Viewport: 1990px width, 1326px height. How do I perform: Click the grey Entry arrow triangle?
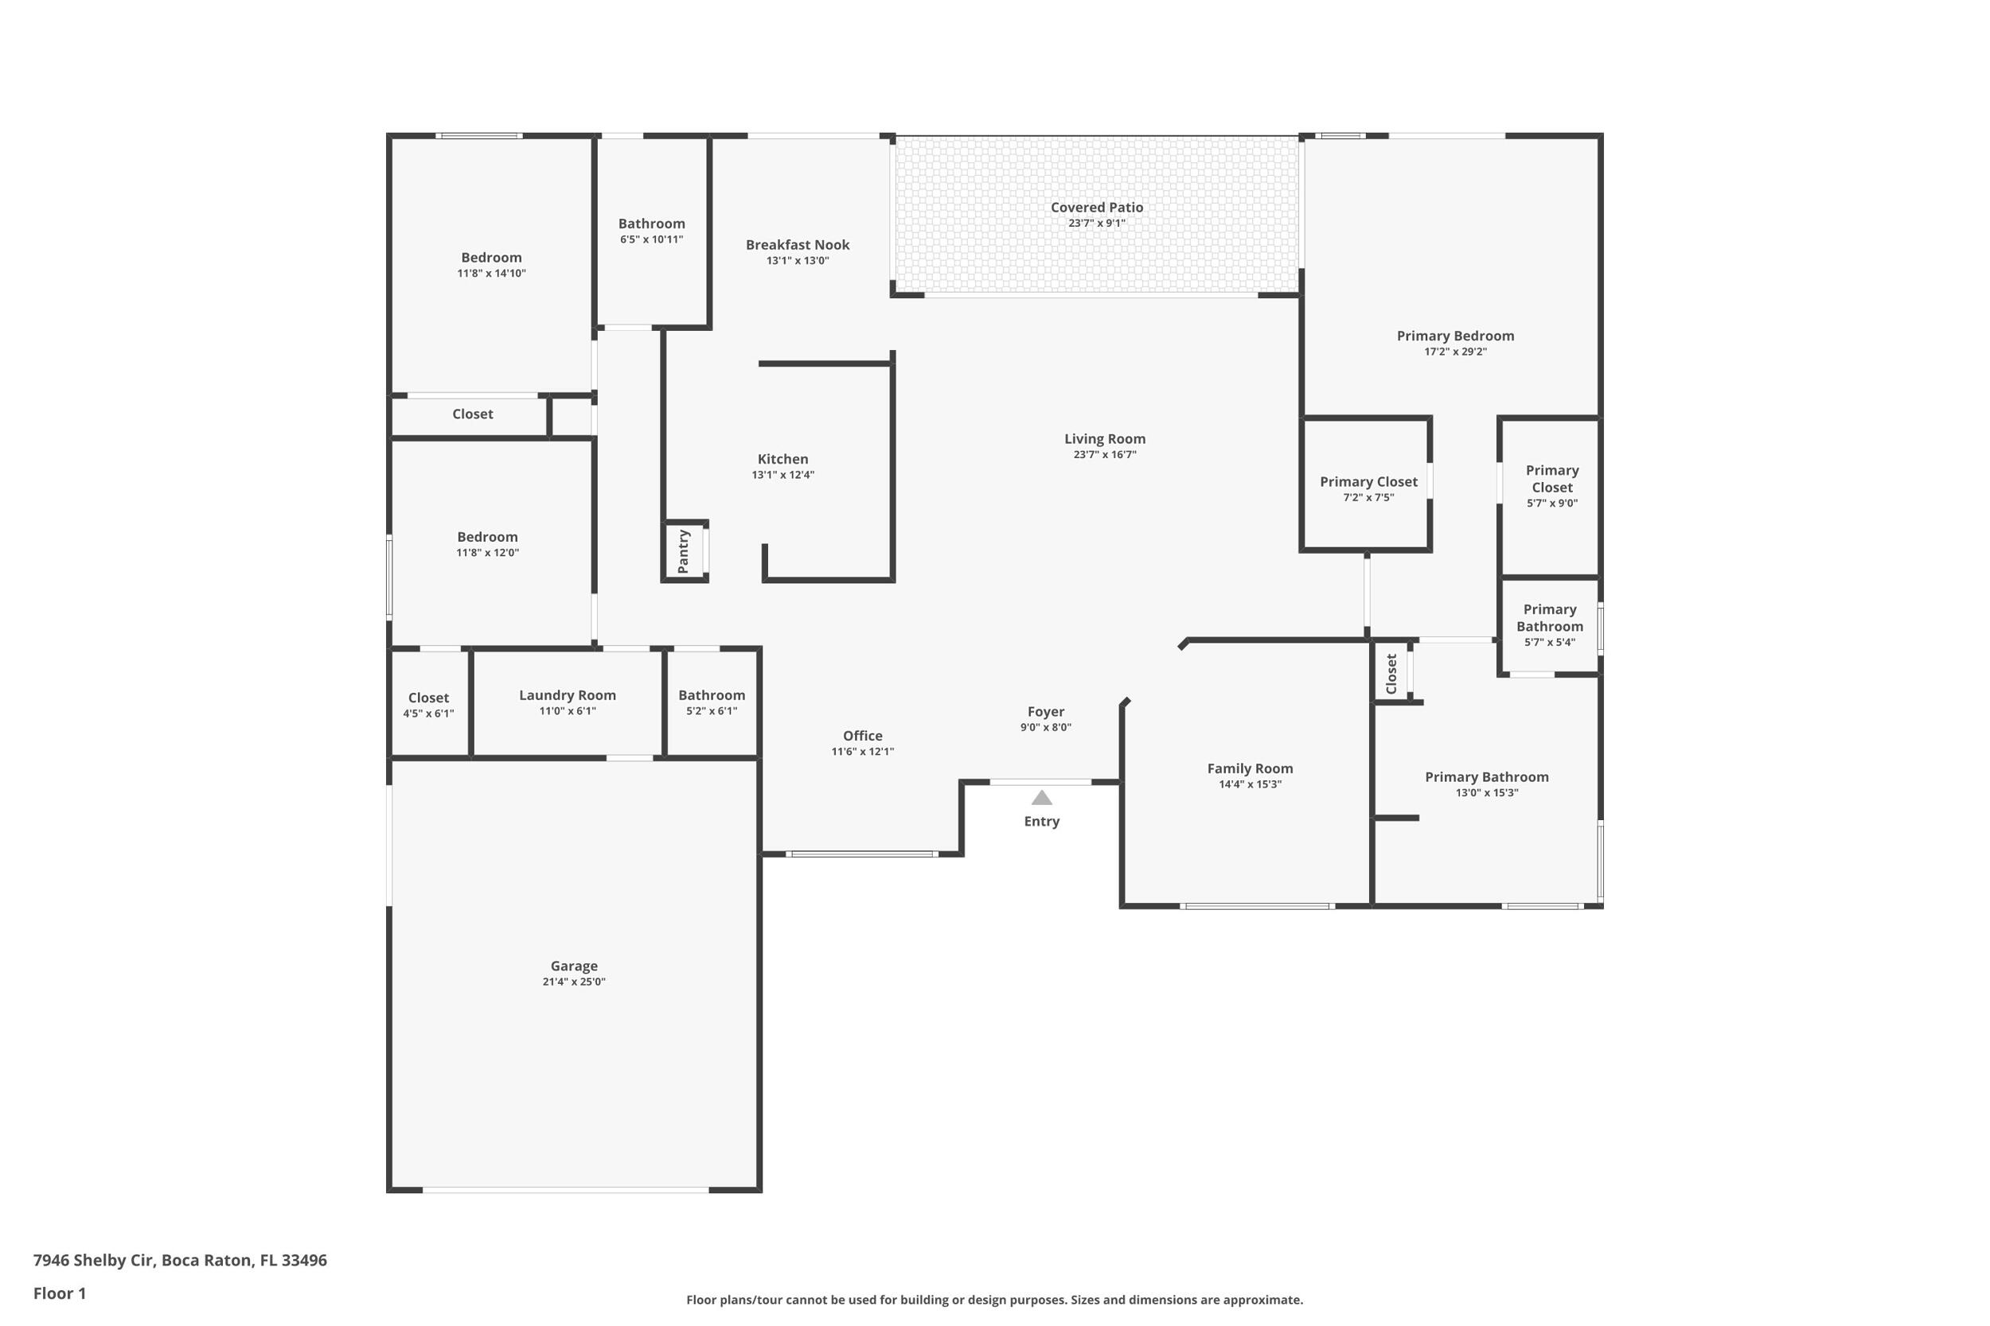coord(1041,798)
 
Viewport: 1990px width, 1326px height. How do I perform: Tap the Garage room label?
coord(574,966)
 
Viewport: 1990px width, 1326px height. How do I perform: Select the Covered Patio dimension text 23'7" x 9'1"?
coord(1097,224)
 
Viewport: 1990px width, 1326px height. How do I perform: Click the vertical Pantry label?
coord(684,551)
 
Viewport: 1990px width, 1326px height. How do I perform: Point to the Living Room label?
coord(1104,439)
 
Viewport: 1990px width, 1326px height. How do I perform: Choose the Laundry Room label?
coord(567,695)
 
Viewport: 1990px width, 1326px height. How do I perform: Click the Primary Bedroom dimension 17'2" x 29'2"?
coord(1455,352)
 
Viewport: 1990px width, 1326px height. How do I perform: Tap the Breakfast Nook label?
coord(797,245)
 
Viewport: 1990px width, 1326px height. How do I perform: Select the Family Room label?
coord(1250,768)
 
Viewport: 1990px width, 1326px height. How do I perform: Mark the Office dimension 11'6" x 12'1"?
coord(862,752)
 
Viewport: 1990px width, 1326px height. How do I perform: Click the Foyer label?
coord(1046,712)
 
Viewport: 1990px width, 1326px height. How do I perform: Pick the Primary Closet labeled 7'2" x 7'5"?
coord(1368,482)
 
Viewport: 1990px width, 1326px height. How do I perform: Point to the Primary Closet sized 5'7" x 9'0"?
coord(1551,479)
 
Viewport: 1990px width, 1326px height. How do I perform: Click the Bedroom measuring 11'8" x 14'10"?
coord(490,258)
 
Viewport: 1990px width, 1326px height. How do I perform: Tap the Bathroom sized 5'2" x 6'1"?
coord(712,695)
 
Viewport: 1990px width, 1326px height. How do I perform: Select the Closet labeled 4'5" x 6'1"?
coord(428,698)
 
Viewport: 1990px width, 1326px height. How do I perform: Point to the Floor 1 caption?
coord(59,1293)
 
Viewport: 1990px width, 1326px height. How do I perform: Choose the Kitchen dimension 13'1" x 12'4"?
coord(782,475)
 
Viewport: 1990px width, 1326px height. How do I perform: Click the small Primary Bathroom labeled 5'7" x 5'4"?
coord(1549,618)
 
